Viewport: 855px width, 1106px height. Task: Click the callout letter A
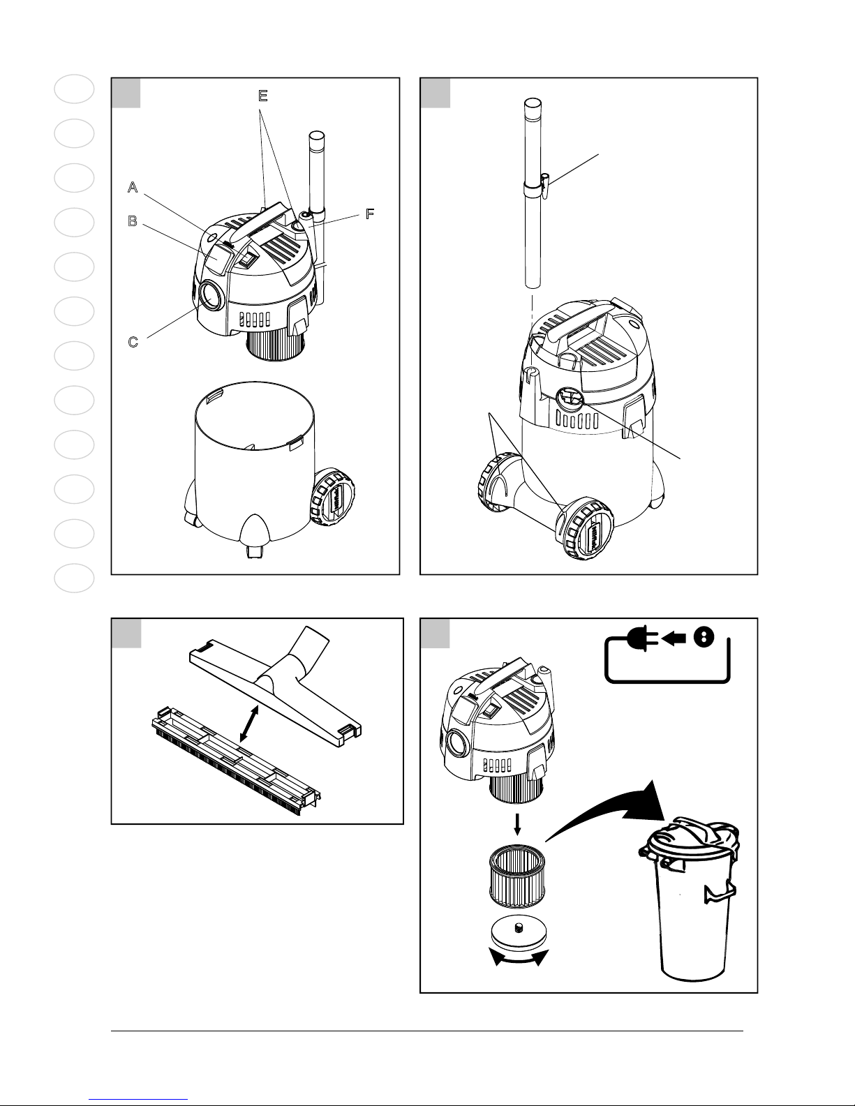click(133, 187)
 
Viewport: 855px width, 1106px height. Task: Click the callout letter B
click(133, 221)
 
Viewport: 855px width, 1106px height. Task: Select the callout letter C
click(133, 342)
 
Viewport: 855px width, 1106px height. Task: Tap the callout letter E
click(262, 96)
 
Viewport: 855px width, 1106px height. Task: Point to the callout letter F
click(370, 214)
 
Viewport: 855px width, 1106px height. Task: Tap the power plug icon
click(641, 638)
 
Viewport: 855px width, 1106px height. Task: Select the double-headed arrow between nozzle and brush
click(249, 723)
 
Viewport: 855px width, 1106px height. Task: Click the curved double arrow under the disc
click(518, 958)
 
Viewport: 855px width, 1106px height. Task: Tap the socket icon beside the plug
click(704, 638)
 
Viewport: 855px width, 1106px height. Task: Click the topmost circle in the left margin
click(74, 89)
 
